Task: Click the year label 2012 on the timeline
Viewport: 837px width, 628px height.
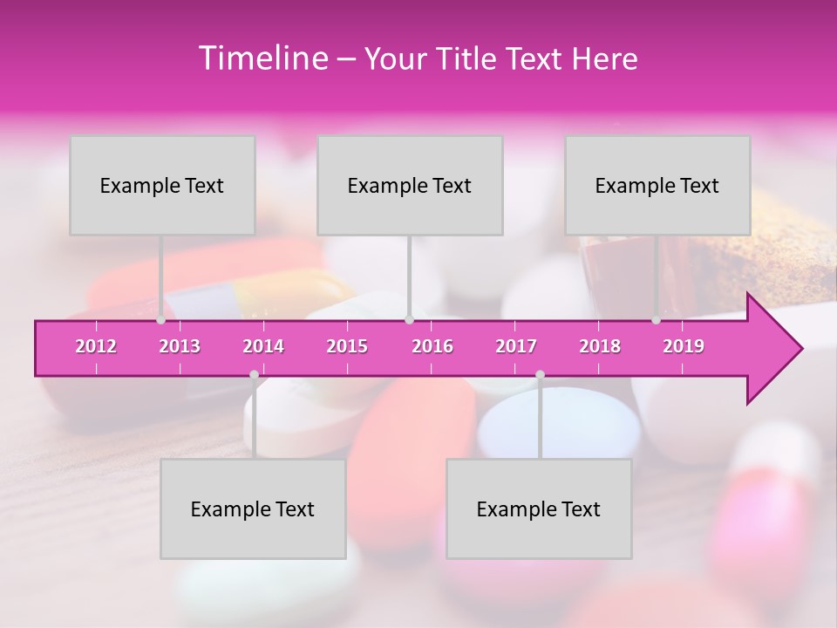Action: pyautogui.click(x=96, y=346)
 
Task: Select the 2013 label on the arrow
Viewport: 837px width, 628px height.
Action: pyautogui.click(x=180, y=346)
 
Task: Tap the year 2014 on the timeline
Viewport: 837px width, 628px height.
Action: pyautogui.click(x=263, y=346)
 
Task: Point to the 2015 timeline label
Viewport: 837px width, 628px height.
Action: pyautogui.click(x=347, y=346)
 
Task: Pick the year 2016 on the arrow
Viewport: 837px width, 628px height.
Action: pyautogui.click(x=432, y=346)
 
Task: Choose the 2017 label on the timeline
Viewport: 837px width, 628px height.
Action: pyautogui.click(x=516, y=346)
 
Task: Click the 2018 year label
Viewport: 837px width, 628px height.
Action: pyautogui.click(x=600, y=346)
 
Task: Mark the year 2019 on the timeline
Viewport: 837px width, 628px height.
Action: pyautogui.click(x=684, y=346)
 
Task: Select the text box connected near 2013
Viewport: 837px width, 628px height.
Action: pyautogui.click(x=162, y=185)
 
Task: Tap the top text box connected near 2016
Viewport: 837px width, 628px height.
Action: pyautogui.click(x=410, y=185)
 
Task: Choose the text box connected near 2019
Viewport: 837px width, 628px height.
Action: pyautogui.click(x=657, y=185)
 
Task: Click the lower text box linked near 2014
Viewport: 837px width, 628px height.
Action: pyautogui.click(x=253, y=509)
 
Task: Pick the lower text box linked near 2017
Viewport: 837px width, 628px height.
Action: pyautogui.click(x=539, y=509)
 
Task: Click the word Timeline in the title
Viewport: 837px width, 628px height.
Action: pyautogui.click(x=261, y=58)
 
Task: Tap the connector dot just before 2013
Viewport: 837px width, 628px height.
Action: pyautogui.click(x=161, y=320)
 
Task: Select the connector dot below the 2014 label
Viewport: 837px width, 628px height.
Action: pyautogui.click(x=254, y=375)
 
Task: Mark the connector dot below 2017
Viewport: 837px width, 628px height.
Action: pyautogui.click(x=540, y=375)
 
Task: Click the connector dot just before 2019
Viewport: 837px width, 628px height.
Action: pyautogui.click(x=657, y=320)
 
